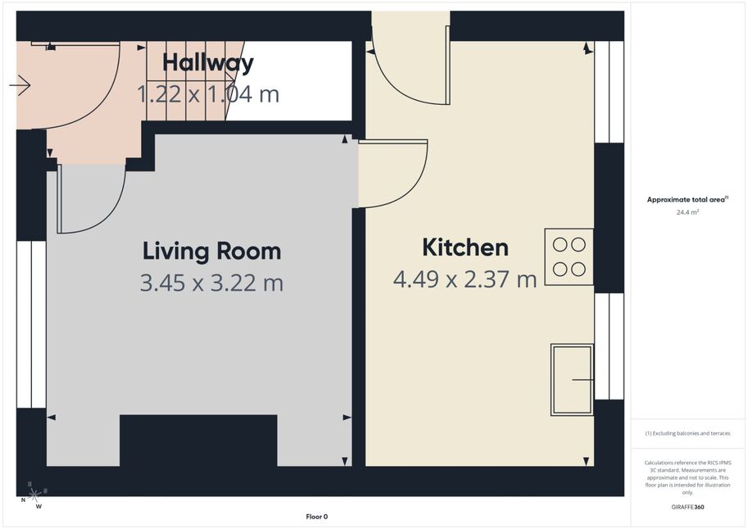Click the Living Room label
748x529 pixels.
(x=212, y=251)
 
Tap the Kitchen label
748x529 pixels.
(x=465, y=247)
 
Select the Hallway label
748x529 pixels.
(x=208, y=63)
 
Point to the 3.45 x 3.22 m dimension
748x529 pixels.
(x=212, y=283)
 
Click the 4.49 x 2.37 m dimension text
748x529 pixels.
(x=465, y=279)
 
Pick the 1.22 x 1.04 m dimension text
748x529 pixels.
(x=208, y=94)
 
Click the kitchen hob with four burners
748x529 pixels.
(x=569, y=257)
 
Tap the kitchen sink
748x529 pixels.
(x=573, y=379)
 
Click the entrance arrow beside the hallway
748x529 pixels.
(x=20, y=85)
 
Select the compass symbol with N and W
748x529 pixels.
(x=33, y=495)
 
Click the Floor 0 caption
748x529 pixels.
(x=317, y=517)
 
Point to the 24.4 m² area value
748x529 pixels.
(x=687, y=212)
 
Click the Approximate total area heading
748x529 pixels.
(x=687, y=200)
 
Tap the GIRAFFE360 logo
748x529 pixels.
(x=687, y=507)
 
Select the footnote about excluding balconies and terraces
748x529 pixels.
(x=687, y=433)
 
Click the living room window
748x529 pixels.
(x=31, y=324)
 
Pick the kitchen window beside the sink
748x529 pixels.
(x=610, y=346)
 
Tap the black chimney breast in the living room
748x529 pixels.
(x=198, y=441)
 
